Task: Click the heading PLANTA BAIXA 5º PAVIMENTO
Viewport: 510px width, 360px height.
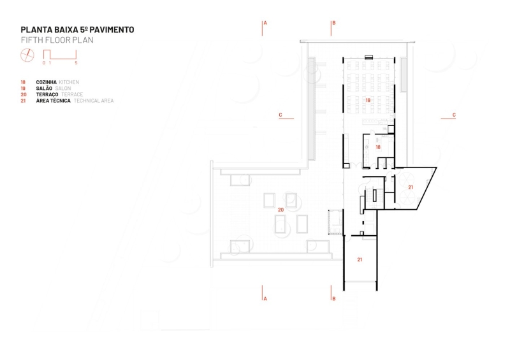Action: click(77, 30)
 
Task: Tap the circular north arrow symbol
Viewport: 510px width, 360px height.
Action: click(27, 55)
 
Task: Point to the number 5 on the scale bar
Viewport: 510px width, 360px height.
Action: click(76, 63)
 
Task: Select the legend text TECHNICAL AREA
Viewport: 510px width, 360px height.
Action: click(94, 101)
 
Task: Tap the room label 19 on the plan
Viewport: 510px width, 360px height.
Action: click(368, 101)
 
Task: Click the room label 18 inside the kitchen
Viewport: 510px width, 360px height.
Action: click(378, 147)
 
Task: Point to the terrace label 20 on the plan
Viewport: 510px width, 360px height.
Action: click(280, 209)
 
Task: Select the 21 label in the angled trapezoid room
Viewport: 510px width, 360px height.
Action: click(411, 187)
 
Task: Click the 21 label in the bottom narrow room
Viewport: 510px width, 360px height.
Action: click(360, 260)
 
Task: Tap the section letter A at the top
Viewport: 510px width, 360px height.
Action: click(265, 23)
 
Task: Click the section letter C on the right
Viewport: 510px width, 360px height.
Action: click(453, 115)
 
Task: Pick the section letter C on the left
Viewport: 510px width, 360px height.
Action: click(280, 115)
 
